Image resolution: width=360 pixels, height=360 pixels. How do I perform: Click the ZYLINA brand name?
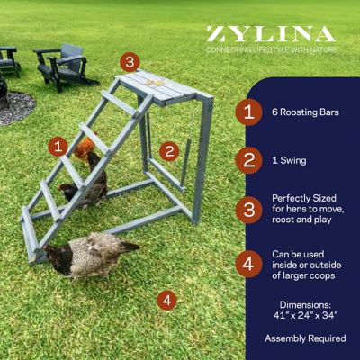click(271, 35)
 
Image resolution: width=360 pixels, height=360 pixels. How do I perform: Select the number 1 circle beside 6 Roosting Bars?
click(248, 112)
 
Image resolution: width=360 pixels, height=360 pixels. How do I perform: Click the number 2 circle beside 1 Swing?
click(248, 160)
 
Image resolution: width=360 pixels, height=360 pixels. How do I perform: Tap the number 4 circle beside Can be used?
click(248, 265)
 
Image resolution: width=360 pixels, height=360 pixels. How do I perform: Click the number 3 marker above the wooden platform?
click(130, 62)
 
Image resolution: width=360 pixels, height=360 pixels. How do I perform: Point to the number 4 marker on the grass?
click(166, 300)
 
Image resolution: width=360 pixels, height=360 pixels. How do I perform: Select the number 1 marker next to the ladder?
click(58, 145)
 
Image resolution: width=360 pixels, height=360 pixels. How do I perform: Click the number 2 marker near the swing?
click(167, 151)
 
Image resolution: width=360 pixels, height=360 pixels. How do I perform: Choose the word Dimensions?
click(306, 304)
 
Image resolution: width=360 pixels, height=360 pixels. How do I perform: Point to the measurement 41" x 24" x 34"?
click(306, 317)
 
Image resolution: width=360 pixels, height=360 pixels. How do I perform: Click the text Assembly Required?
click(305, 338)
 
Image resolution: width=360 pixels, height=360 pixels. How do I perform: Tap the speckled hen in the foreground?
click(90, 256)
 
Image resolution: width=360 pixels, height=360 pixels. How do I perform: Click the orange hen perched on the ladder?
click(84, 150)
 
